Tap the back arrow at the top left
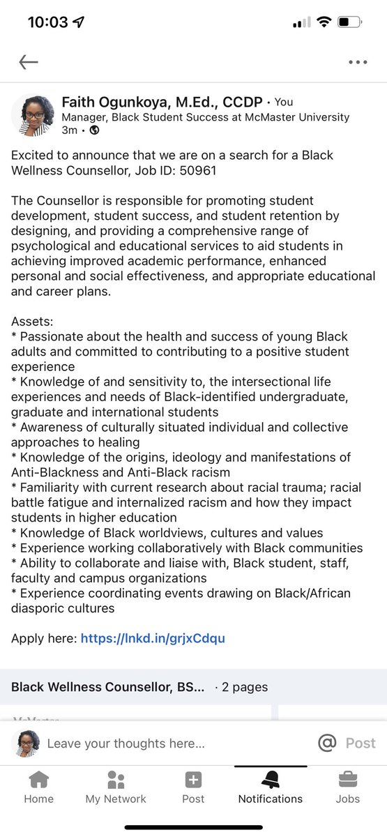(29, 62)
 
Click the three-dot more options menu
(357, 62)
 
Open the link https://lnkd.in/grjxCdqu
(153, 638)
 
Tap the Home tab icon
(38, 780)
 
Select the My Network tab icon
(116, 780)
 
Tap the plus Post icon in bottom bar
(193, 780)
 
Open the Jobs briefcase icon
(347, 780)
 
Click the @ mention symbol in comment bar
(326, 744)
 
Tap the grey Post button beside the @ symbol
(361, 744)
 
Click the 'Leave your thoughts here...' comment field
(126, 744)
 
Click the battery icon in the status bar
(349, 22)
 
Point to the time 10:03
(48, 22)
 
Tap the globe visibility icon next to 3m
(95, 130)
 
